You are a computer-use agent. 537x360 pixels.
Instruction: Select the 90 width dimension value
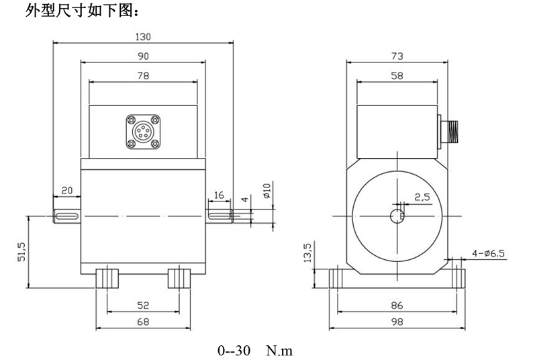143,56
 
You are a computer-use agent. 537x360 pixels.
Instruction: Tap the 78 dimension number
143,76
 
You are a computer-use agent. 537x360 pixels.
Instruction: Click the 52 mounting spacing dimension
142,305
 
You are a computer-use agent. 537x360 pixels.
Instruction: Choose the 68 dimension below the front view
142,322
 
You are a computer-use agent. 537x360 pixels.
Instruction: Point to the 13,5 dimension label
307,255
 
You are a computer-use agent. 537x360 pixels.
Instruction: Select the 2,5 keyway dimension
422,197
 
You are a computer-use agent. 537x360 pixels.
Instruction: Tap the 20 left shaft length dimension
66,191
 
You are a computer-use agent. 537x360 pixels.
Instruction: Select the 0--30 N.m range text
255,350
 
